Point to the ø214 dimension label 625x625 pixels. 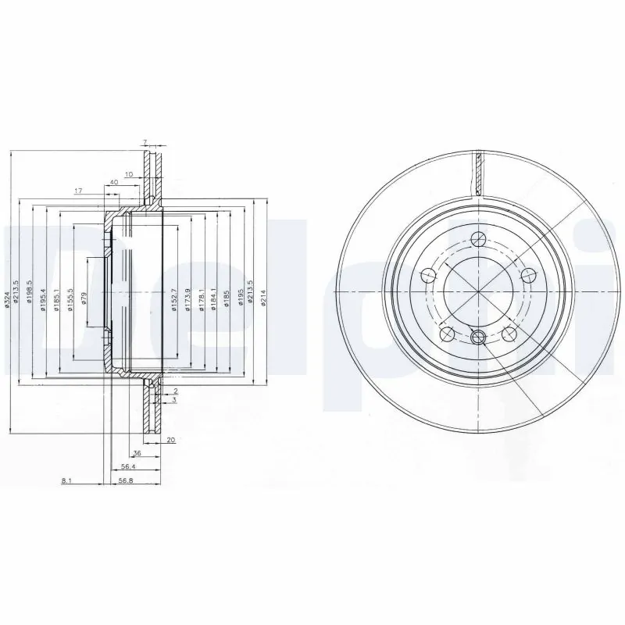[x=264, y=298]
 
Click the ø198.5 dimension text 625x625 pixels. [x=30, y=292]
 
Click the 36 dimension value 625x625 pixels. [x=137, y=453]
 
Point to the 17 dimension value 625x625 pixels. [x=78, y=191]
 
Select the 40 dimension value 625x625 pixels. [x=114, y=182]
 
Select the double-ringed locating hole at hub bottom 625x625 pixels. [x=480, y=337]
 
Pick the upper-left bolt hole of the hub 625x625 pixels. [x=427, y=275]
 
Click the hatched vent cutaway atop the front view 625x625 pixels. [x=477, y=173]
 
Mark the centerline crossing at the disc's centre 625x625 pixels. [x=477, y=292]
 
